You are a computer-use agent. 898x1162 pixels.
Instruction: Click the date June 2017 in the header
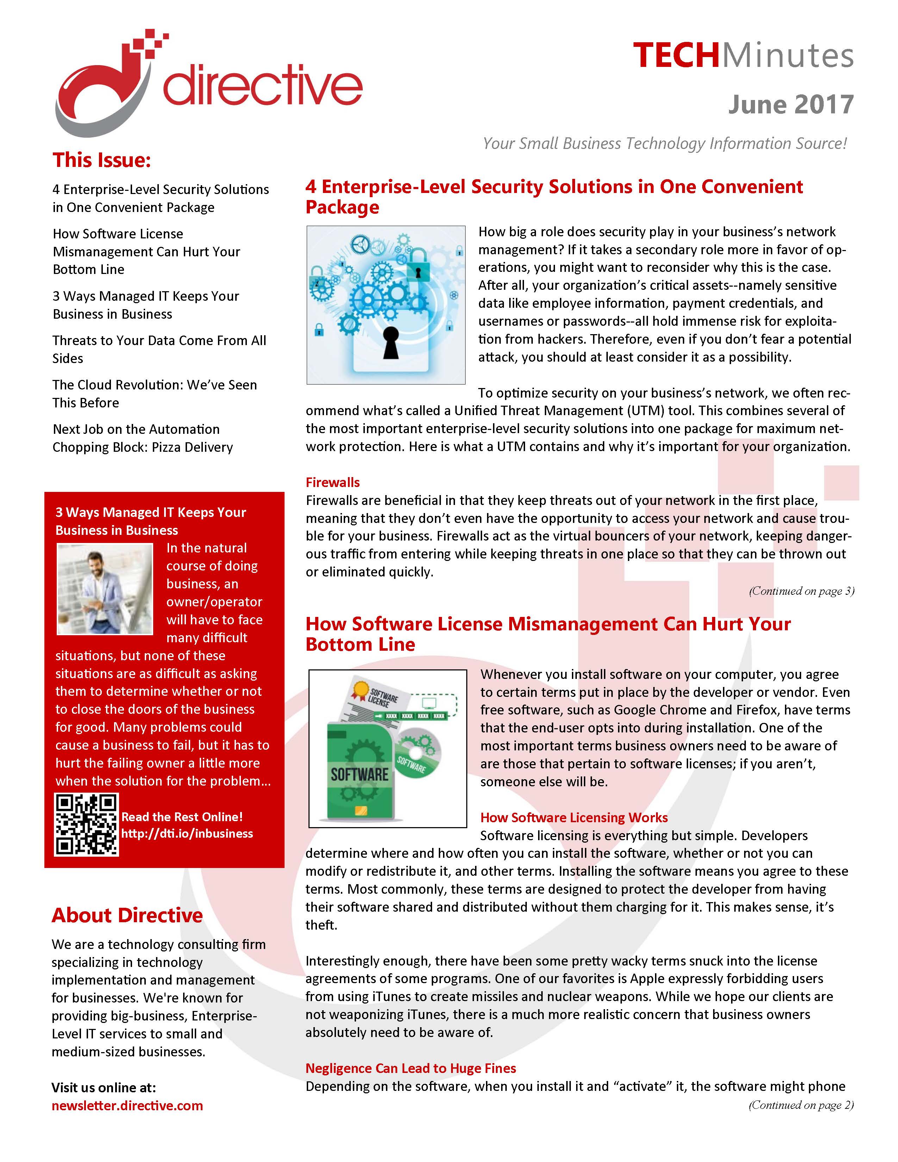coord(791,104)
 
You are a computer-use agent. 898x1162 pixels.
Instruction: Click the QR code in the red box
coord(86,824)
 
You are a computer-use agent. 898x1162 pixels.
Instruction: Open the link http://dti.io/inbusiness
coord(187,834)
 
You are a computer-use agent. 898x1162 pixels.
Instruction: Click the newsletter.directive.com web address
coord(127,1106)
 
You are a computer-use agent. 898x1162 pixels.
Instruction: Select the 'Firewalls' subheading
coord(332,482)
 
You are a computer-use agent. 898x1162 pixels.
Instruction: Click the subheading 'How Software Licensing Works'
coord(573,818)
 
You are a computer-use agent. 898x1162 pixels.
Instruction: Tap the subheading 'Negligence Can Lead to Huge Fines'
coord(411,1068)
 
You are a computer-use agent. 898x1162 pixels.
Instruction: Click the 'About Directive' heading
coord(127,915)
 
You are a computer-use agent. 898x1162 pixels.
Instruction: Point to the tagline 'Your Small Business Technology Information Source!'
coord(665,144)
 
